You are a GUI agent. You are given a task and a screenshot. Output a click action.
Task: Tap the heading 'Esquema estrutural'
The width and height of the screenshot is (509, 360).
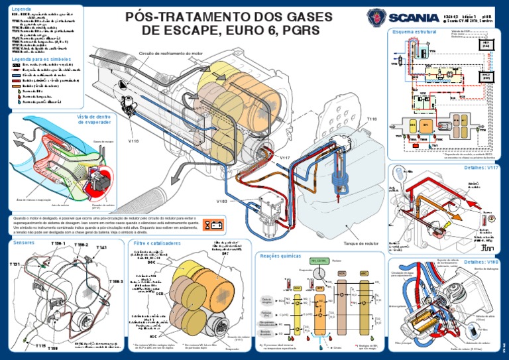415,31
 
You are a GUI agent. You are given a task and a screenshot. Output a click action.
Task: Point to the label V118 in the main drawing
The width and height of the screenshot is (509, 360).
133,141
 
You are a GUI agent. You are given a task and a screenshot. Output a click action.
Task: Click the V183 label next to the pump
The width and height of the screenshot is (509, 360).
221,200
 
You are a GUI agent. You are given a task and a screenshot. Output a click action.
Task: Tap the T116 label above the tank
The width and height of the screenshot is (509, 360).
371,119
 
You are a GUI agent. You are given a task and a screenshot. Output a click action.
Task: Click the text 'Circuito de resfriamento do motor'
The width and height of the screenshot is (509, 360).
171,53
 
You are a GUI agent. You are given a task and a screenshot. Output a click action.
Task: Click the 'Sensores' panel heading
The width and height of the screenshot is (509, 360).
25,243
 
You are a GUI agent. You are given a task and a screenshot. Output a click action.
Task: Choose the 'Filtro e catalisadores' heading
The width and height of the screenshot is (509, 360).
152,243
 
